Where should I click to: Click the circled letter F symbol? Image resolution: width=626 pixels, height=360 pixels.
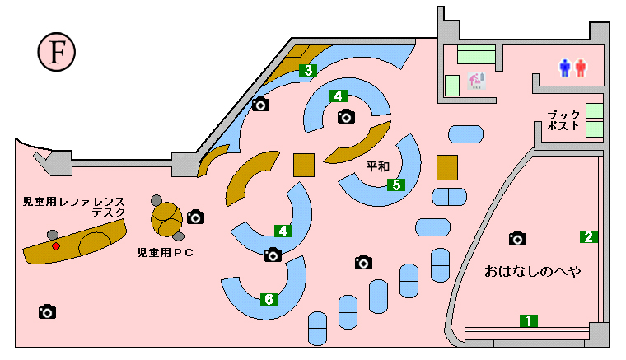coord(57,52)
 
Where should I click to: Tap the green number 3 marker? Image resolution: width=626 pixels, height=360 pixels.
coord(308,70)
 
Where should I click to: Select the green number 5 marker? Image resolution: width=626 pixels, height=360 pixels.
coord(396,185)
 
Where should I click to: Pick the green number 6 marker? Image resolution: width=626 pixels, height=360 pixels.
coord(269,299)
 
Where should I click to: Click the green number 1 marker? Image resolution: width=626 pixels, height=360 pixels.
coord(529,320)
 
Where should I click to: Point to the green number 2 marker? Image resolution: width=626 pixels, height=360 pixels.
coord(588,236)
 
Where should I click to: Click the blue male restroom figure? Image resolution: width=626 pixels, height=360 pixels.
coord(564,68)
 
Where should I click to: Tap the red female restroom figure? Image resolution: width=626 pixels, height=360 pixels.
coord(581,68)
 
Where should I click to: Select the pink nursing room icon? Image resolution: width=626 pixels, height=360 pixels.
coord(477,80)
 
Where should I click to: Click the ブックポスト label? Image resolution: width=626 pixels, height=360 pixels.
coord(563,120)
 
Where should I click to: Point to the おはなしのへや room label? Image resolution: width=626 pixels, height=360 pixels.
coord(533,271)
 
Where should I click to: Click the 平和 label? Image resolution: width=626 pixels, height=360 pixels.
coord(378,166)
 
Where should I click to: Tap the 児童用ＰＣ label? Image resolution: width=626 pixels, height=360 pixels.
coord(166,252)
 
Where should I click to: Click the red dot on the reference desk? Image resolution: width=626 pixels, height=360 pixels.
coord(56,246)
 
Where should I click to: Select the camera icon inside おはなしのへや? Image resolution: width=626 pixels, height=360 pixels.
coord(517,238)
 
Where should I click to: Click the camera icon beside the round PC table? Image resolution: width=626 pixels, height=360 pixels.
coord(196,217)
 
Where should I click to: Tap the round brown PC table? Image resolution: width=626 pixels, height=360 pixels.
coord(166,219)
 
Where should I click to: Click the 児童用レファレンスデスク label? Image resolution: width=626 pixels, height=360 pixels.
coord(74,207)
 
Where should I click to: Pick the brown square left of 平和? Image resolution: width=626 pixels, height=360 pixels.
coord(304,165)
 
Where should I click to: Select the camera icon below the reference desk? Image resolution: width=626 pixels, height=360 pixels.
coord(47,311)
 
